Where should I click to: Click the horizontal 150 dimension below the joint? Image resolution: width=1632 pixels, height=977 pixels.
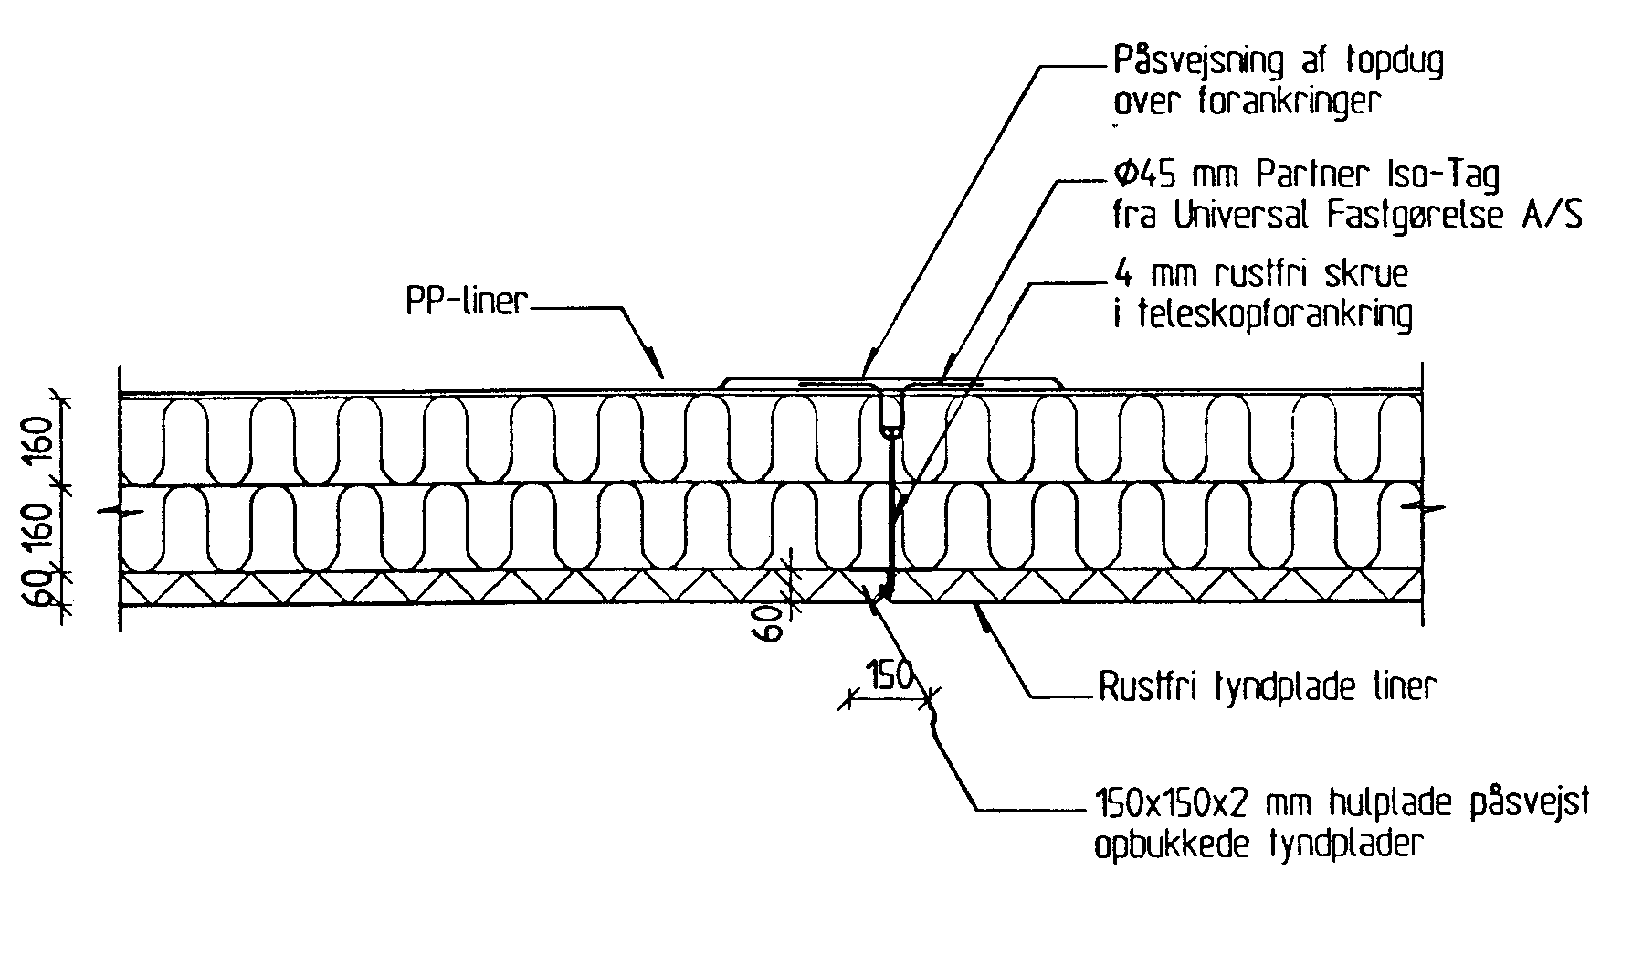coord(890,677)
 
